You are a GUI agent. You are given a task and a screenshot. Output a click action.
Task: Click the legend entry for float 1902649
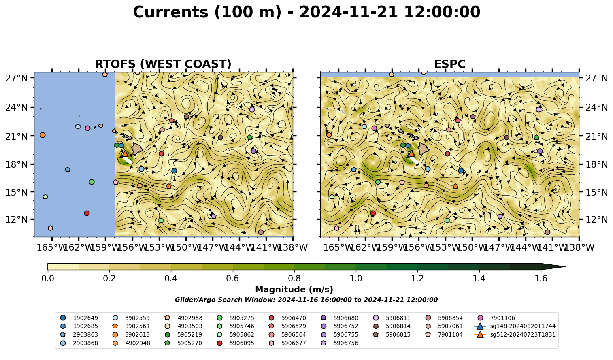[79, 318]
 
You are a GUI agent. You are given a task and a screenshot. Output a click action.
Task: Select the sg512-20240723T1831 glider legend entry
[515, 334]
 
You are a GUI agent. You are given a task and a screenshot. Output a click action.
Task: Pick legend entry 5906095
[235, 343]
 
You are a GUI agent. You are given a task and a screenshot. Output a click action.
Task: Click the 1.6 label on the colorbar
[541, 279]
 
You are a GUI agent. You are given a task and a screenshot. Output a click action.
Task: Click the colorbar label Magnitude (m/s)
[294, 290]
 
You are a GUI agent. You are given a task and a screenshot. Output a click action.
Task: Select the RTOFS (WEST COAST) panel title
[163, 64]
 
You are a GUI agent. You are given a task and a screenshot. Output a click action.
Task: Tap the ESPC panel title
[449, 64]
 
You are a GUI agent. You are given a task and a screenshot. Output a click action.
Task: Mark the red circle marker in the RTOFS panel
[87, 213]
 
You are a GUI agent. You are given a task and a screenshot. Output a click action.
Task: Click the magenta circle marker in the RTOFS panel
[87, 128]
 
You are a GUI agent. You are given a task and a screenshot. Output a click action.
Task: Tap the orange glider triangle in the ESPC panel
[411, 153]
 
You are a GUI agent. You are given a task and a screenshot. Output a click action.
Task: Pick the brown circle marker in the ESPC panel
[547, 232]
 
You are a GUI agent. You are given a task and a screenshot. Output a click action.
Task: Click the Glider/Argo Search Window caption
[306, 300]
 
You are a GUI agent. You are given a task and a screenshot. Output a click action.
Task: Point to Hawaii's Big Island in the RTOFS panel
[137, 148]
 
